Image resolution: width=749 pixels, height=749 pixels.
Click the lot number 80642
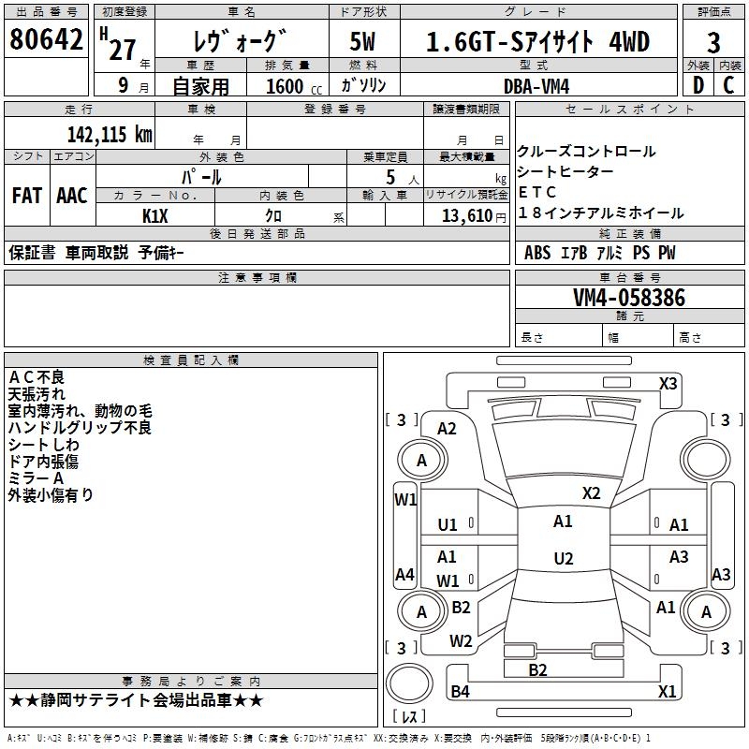(46, 39)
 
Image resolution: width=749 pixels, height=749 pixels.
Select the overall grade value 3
(713, 43)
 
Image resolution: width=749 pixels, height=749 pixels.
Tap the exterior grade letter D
(698, 85)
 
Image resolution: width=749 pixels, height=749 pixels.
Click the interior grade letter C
(728, 85)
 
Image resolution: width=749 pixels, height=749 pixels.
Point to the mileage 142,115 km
(110, 135)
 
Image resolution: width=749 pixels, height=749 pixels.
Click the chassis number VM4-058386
(629, 297)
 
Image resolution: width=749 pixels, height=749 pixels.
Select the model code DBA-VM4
(536, 86)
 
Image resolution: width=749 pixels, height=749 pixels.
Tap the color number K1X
(155, 216)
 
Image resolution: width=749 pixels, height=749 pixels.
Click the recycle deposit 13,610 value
(467, 216)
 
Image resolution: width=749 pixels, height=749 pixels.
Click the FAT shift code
(27, 196)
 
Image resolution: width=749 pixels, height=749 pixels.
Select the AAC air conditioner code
(72, 196)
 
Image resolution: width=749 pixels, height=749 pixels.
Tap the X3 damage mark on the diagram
(668, 384)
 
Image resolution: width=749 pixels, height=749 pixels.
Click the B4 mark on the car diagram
(460, 691)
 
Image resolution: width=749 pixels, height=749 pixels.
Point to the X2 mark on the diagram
(591, 493)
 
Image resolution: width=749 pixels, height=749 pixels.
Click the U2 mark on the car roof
(564, 558)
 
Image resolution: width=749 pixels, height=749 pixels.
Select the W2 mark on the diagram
(461, 641)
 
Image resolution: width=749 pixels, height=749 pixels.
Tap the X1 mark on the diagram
(667, 691)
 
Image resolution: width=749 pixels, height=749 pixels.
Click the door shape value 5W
(362, 42)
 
